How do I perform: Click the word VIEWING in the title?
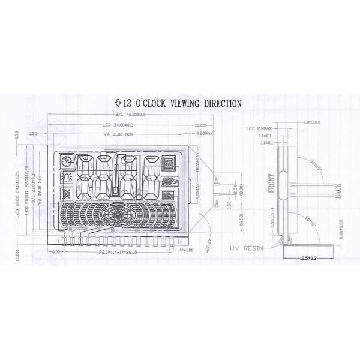[191, 103]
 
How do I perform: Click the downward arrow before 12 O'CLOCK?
[118, 103]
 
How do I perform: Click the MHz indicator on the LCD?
[167, 194]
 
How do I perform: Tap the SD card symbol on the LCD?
[168, 163]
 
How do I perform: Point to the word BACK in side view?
[337, 191]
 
